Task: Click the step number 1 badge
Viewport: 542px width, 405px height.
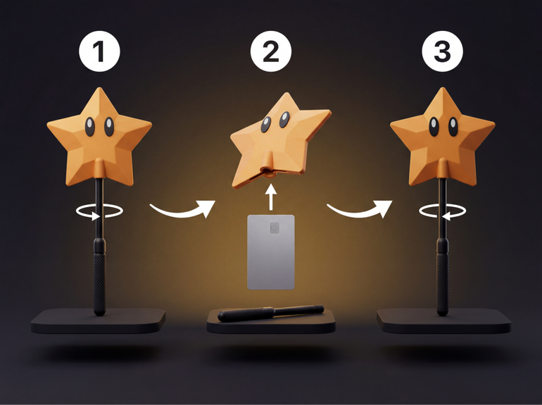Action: tap(99, 51)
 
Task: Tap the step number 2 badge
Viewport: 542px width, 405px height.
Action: tap(271, 51)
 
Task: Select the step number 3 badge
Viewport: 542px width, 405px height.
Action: tap(443, 51)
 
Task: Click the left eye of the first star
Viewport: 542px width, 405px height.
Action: tap(90, 127)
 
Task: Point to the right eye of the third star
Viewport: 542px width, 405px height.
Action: tap(453, 127)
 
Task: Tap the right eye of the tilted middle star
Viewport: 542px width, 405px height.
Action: tap(284, 120)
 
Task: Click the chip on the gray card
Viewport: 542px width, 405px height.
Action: tap(275, 228)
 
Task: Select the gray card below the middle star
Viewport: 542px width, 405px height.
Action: tap(271, 252)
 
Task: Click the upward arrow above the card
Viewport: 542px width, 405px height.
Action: tap(271, 197)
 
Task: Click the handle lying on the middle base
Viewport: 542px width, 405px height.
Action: tap(271, 313)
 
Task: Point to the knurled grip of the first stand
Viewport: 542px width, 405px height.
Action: tap(99, 284)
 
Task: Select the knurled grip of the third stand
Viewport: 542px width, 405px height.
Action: tap(443, 284)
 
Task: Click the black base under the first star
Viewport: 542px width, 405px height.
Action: tap(98, 321)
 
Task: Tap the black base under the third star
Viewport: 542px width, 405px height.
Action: tap(444, 321)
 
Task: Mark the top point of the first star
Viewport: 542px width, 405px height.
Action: tap(99, 88)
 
